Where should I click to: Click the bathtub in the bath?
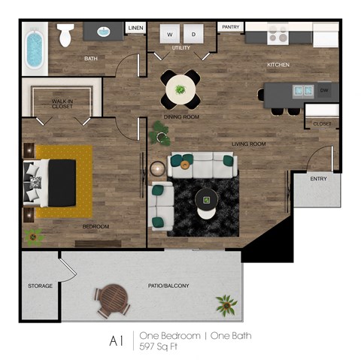click(x=34, y=49)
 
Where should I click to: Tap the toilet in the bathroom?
click(x=66, y=34)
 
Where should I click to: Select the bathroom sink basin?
click(x=105, y=32)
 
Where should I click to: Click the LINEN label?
click(x=135, y=28)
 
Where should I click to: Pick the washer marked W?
click(x=170, y=35)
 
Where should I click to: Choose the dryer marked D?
click(x=193, y=35)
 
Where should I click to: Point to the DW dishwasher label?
click(x=323, y=91)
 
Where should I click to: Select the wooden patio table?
click(x=113, y=299)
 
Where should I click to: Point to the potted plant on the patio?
click(x=226, y=304)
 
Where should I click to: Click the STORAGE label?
click(x=40, y=286)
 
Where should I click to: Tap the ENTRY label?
click(x=318, y=179)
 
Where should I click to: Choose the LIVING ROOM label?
click(x=248, y=143)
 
